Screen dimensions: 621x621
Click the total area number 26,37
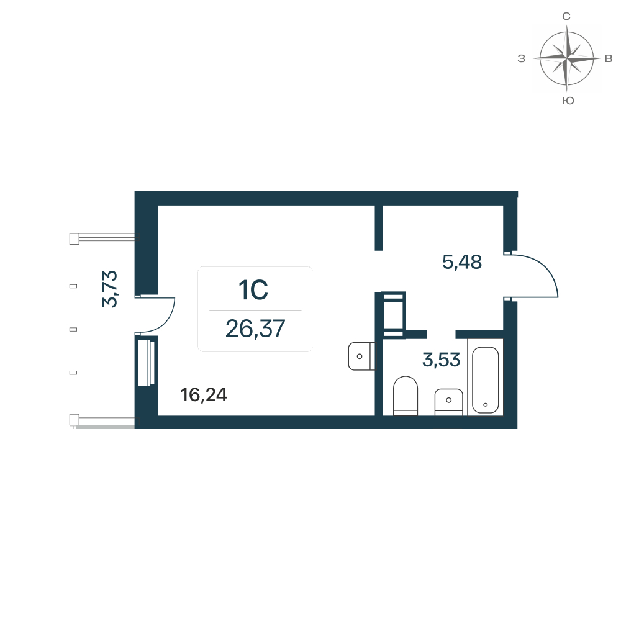pyautogui.click(x=255, y=329)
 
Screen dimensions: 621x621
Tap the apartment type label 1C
pyautogui.click(x=253, y=290)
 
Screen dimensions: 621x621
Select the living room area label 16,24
pyautogui.click(x=204, y=395)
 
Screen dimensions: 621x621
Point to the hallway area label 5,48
pyautogui.click(x=462, y=262)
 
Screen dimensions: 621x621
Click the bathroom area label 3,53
pyautogui.click(x=441, y=360)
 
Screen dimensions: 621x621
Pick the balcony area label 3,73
pyautogui.click(x=110, y=288)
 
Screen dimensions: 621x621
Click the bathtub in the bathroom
pyautogui.click(x=485, y=380)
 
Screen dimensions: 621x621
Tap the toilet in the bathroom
pyautogui.click(x=406, y=396)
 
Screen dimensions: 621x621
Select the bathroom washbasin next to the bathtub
pyautogui.click(x=449, y=402)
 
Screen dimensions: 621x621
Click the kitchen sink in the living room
pyautogui.click(x=361, y=356)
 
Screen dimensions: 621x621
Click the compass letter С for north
pyautogui.click(x=566, y=16)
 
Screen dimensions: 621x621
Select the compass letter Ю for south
pyautogui.click(x=568, y=101)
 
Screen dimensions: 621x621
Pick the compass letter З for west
pyautogui.click(x=521, y=58)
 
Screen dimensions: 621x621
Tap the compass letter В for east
pyautogui.click(x=609, y=58)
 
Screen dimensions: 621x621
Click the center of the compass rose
pyautogui.click(x=567, y=58)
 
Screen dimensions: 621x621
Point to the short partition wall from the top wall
pyautogui.click(x=379, y=228)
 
